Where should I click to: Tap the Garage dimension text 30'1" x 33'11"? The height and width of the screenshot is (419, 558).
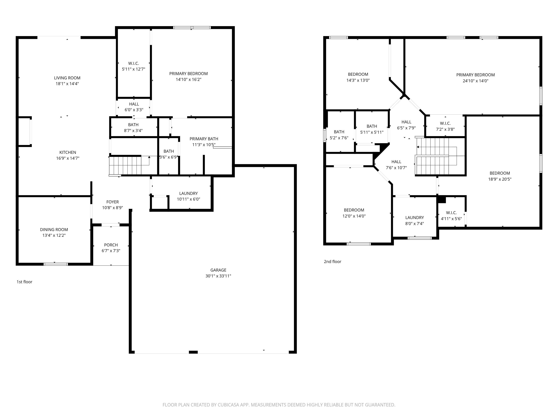(x=218, y=276)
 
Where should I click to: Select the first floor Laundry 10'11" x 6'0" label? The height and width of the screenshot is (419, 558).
(x=188, y=196)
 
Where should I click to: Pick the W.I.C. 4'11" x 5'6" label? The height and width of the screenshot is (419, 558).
(x=451, y=216)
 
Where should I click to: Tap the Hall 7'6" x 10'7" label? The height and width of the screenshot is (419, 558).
(x=396, y=165)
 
